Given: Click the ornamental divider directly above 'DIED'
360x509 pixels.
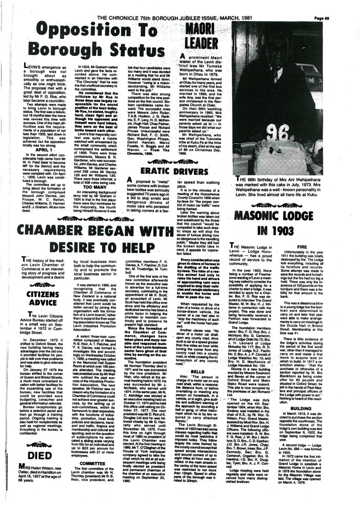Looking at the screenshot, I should tap(38, 444).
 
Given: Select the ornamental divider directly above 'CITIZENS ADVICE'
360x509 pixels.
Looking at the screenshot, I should tap(42, 285).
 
